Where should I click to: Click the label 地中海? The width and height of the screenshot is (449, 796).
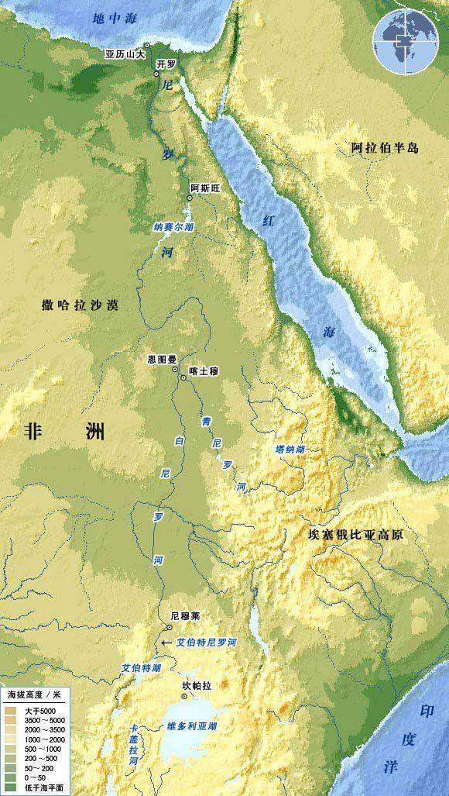pos(111,17)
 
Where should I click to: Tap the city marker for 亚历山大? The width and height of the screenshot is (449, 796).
pos(147,46)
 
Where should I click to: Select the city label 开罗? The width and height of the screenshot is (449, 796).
pos(166,64)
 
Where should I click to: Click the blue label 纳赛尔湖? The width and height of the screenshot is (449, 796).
pos(173,227)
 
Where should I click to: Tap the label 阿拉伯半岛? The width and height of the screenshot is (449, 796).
pos(384,147)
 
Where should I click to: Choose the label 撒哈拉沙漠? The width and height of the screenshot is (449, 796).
pos(81,305)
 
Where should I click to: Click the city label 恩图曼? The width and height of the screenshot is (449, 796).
pos(163,360)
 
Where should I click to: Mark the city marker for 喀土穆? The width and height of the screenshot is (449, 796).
pos(183,377)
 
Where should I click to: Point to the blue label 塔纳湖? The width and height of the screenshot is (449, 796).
pos(290,450)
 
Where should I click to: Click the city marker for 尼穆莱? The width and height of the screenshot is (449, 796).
pos(170,626)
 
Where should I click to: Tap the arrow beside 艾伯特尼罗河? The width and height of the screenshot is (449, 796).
pos(166,643)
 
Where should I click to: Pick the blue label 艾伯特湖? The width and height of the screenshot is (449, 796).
pos(141,667)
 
